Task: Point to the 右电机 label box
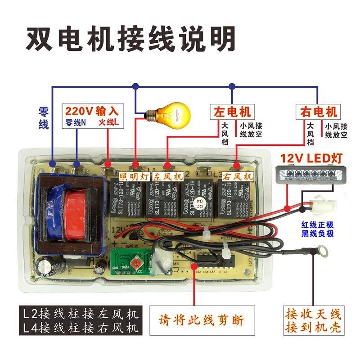click(317, 111)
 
